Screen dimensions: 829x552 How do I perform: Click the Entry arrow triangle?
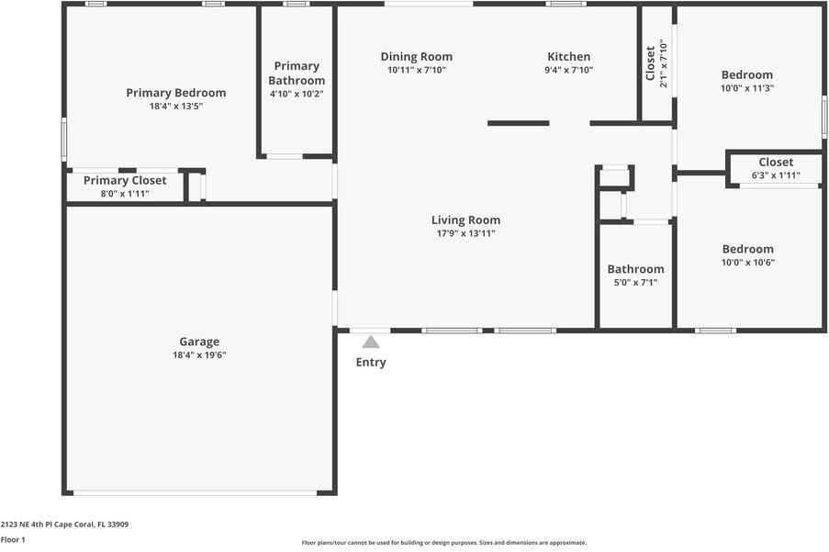click(371, 342)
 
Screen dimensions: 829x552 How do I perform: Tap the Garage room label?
click(199, 342)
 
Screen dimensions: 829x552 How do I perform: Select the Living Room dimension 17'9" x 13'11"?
click(465, 233)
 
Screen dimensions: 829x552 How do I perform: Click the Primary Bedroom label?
click(176, 93)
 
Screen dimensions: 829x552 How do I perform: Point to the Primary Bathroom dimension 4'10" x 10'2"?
click(297, 94)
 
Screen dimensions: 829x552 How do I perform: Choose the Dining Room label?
click(417, 57)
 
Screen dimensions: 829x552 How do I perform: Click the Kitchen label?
click(569, 57)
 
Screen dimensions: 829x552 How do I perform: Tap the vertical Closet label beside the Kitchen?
click(650, 63)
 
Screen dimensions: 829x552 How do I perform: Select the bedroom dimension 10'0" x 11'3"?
click(747, 88)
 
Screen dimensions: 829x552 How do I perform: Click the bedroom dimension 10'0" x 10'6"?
click(748, 263)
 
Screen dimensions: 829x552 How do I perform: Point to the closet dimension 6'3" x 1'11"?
click(776, 175)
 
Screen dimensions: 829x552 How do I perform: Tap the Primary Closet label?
click(125, 180)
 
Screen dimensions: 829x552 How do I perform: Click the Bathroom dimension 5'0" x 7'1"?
click(635, 282)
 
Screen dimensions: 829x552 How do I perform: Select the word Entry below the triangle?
click(371, 363)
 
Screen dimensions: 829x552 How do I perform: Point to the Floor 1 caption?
click(13, 540)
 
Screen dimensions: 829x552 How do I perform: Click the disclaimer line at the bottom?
click(444, 543)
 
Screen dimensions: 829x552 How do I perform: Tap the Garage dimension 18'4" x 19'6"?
click(199, 355)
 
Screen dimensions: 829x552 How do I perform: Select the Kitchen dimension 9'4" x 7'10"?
click(569, 71)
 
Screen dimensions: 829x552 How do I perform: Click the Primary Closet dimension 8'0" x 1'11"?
click(125, 194)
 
